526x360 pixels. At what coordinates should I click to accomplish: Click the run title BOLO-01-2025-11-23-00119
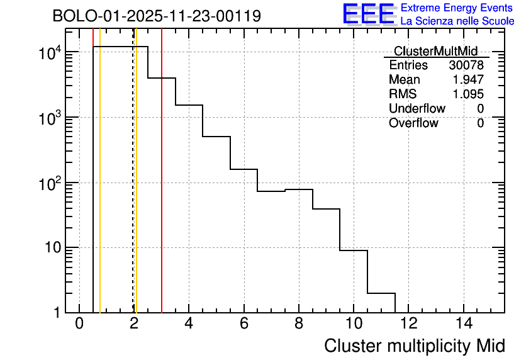[157, 16]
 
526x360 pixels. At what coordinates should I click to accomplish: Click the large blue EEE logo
[369, 14]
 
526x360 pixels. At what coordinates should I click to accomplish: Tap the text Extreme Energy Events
[457, 8]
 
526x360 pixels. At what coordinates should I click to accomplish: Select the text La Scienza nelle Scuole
[457, 21]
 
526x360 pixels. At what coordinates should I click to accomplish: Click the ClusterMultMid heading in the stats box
[435, 51]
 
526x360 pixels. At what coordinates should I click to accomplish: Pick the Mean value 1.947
[469, 80]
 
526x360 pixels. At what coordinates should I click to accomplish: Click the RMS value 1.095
[469, 94]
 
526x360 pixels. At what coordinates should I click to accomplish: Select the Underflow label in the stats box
[417, 109]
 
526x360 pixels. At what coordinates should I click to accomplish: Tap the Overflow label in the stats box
[413, 123]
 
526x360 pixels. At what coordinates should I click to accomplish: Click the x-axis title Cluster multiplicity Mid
[414, 346]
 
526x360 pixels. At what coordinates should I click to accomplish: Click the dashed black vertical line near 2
[133, 189]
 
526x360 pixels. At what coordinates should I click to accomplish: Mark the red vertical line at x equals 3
[162, 189]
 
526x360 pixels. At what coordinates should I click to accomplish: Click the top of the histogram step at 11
[381, 293]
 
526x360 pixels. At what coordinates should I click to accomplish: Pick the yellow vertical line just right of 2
[137, 189]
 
